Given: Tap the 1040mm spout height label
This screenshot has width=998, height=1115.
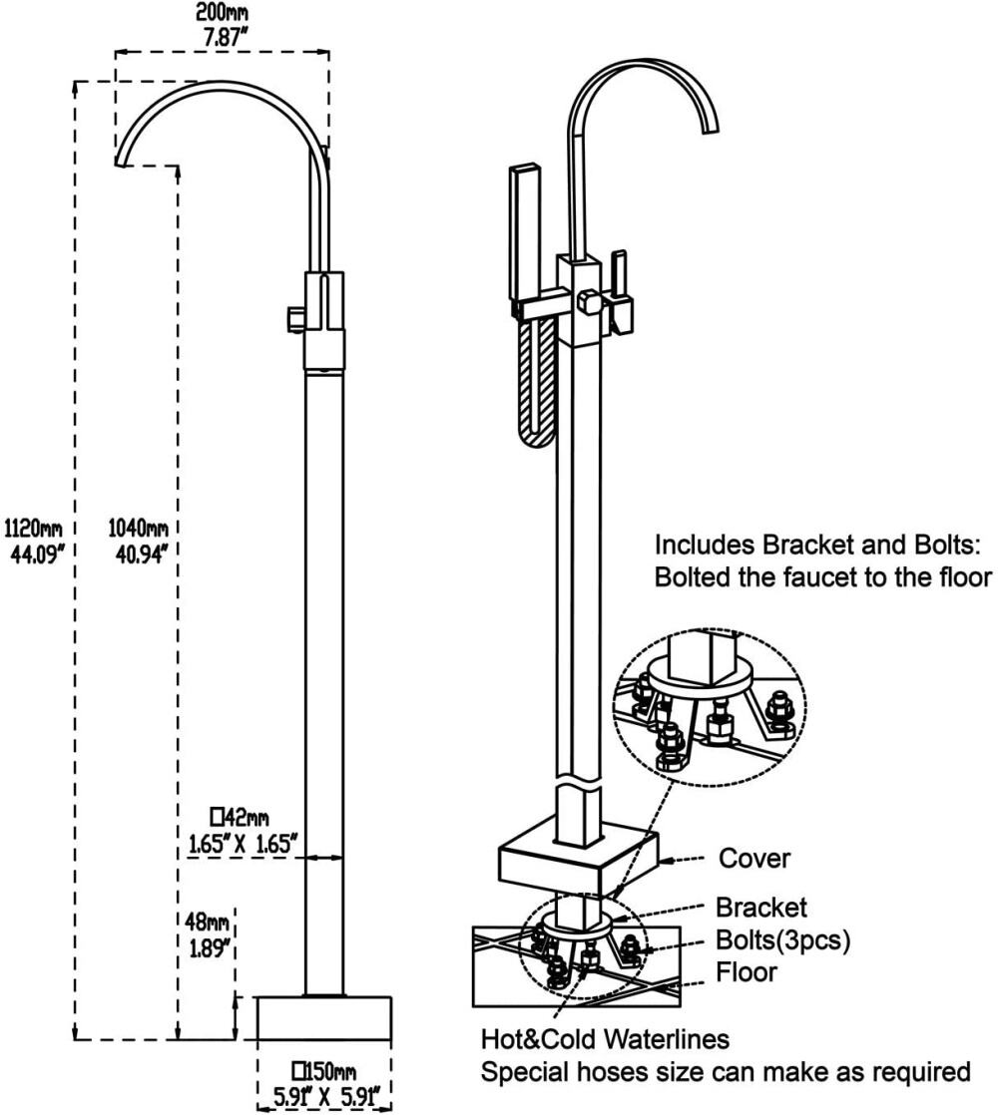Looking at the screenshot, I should pos(139,527).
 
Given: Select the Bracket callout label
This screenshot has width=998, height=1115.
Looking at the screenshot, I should pos(760,908).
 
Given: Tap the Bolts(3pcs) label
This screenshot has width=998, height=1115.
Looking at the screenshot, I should pos(783,939).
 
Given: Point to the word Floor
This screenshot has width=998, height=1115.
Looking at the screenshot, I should pos(747,970).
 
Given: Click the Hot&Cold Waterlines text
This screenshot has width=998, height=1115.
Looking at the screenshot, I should pos(606,1040).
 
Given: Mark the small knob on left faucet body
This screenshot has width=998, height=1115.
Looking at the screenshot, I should pos(294,318).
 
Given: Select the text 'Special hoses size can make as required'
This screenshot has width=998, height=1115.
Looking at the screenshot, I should pos(727,1073).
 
